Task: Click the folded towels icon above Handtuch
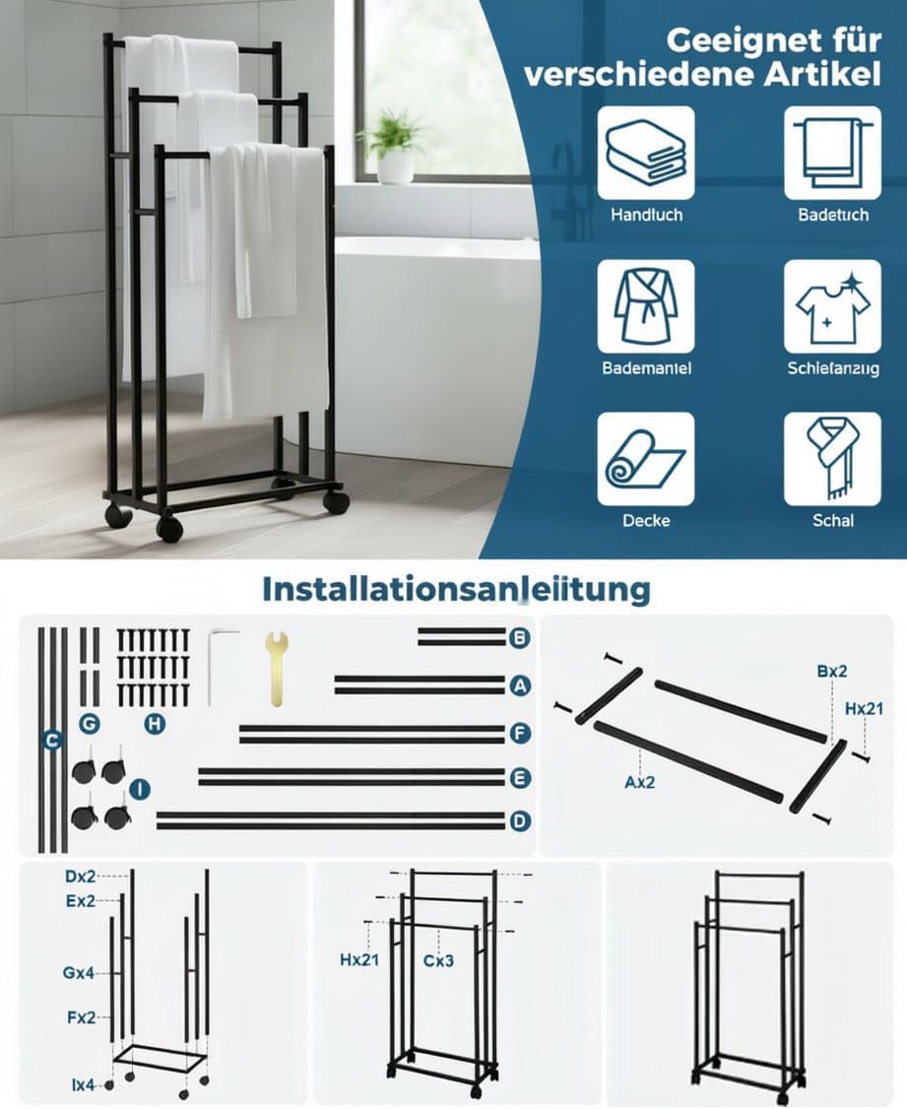(646, 153)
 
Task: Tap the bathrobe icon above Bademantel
(646, 306)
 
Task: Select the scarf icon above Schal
(832, 459)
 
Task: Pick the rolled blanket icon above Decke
(646, 459)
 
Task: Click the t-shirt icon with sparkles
(832, 306)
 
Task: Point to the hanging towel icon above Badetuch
(832, 153)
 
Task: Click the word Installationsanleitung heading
(456, 589)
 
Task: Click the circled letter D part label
(520, 821)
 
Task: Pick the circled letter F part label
(520, 734)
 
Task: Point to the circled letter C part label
(51, 741)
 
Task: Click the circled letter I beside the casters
(140, 789)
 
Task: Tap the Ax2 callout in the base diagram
(640, 782)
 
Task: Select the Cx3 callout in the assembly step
(438, 959)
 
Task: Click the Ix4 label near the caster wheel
(83, 1084)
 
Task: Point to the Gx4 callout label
(79, 973)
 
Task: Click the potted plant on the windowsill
(393, 147)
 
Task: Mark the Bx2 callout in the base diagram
(831, 671)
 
